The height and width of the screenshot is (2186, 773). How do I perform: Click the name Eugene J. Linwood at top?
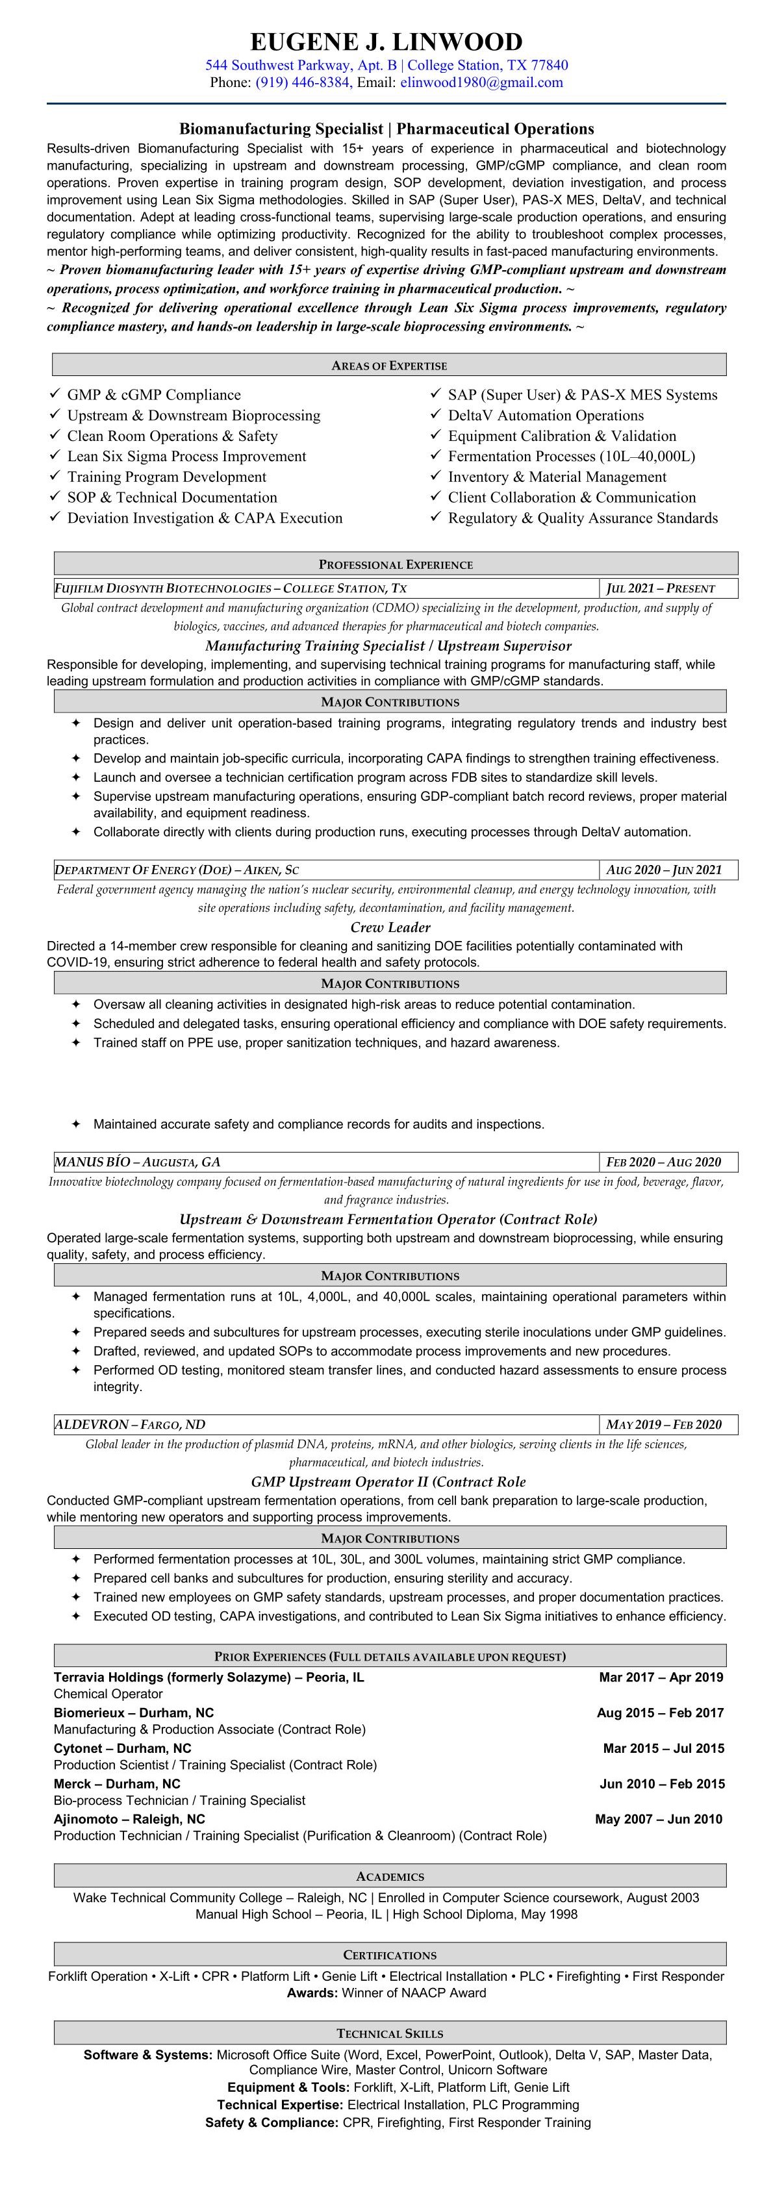click(386, 42)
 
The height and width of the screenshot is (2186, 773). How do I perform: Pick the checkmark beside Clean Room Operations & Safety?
click(55, 435)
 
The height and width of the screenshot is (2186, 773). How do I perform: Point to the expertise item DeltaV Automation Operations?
click(546, 415)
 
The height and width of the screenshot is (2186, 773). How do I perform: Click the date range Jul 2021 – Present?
click(661, 588)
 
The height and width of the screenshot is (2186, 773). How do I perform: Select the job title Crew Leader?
click(390, 927)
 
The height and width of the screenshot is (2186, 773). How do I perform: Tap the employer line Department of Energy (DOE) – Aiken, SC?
click(177, 870)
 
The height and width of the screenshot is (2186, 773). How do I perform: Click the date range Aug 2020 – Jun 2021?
click(665, 870)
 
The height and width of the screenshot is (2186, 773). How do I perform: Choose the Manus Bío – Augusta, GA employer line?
click(138, 1162)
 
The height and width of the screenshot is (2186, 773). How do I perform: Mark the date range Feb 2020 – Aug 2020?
click(663, 1162)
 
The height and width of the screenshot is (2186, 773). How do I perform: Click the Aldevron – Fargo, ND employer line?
click(130, 1425)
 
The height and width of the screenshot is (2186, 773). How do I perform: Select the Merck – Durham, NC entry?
click(117, 1784)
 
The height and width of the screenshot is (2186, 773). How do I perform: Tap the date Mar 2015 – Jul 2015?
click(663, 1748)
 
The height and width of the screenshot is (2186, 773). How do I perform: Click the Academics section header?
click(390, 1876)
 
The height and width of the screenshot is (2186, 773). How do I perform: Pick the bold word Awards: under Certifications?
click(312, 1992)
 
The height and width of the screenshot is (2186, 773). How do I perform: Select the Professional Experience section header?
click(396, 564)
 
